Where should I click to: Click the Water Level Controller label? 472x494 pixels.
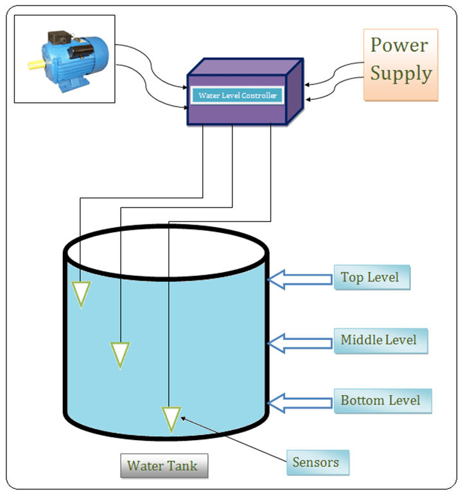coord(238,96)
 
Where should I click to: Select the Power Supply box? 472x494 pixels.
coord(401,64)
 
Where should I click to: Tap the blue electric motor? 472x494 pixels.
coord(68,59)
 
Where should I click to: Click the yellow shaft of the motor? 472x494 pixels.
coord(35,64)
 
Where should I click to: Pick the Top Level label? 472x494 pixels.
coord(371,278)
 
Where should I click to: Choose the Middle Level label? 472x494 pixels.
coord(380,340)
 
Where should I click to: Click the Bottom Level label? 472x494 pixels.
coord(381,400)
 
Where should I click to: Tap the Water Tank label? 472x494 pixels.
coord(162,466)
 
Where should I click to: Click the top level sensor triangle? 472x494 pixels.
coord(80,294)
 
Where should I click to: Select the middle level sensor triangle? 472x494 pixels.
coord(120,354)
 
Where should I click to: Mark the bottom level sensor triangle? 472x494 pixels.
coord(171,418)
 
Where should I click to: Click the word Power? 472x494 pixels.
coord(399,46)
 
